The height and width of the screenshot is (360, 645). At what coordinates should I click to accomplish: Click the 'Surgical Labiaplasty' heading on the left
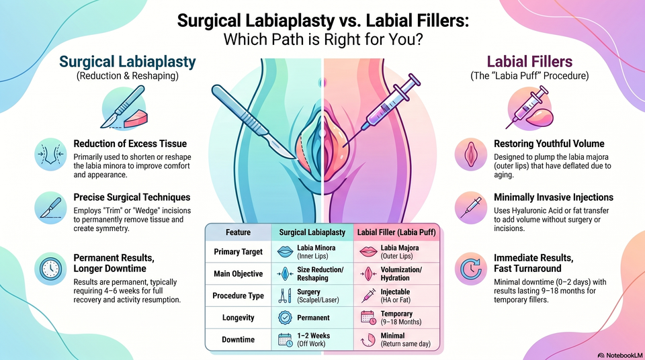pos(128,62)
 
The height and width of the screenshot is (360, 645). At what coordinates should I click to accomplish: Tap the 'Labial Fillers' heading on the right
pos(529,62)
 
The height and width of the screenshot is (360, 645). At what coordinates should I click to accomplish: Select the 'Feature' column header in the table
pos(238,232)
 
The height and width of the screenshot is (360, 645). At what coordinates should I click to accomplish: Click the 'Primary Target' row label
pos(238,252)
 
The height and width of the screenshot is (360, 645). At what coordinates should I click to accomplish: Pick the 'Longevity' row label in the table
pos(238,318)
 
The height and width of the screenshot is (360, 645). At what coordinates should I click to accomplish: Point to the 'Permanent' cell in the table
pos(314,318)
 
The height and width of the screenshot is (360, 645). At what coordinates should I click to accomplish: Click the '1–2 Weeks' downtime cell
pos(314,339)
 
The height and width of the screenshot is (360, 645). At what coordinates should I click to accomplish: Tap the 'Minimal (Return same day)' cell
pos(406,339)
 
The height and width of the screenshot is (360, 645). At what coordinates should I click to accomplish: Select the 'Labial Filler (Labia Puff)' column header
pos(396,232)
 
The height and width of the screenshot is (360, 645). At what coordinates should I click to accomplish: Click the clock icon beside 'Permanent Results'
pos(50,269)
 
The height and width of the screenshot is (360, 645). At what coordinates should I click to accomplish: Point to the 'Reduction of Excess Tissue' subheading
pos(130,144)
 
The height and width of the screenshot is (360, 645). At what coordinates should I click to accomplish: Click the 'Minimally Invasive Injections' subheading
pos(554,197)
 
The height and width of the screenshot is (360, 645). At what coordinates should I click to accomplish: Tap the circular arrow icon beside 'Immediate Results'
pos(471,269)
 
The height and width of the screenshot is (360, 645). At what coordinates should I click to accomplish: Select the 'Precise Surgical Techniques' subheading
pos(132,197)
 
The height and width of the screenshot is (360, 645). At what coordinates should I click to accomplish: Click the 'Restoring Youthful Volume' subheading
pos(549,144)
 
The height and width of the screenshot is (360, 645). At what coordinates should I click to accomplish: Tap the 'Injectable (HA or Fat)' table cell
pos(395,296)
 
